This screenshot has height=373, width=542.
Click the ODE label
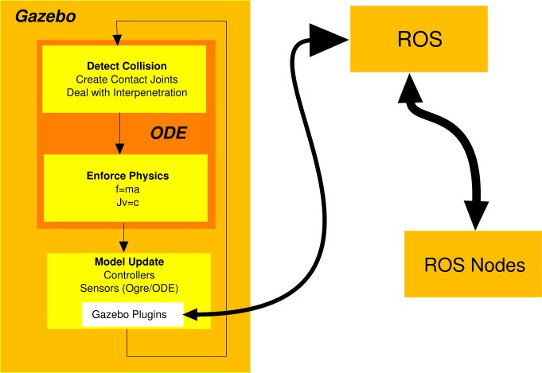168,134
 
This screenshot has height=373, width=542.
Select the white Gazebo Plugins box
133,315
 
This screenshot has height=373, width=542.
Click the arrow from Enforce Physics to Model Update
123,237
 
